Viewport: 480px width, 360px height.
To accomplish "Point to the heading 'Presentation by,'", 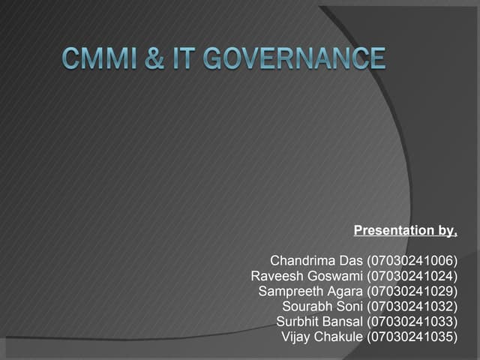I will click(x=405, y=230).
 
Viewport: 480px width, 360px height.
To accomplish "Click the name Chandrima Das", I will click(x=316, y=261).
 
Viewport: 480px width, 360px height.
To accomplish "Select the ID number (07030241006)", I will click(x=412, y=261).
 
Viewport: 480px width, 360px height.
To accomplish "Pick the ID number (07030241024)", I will click(x=412, y=276).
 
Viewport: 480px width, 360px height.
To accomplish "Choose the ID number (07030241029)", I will click(x=412, y=291).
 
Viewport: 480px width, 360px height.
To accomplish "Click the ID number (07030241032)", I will click(x=412, y=306).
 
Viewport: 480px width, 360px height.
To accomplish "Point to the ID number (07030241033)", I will click(x=412, y=322).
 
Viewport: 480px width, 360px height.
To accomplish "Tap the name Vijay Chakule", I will click(x=322, y=337).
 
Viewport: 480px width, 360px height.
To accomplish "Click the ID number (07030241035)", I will click(x=412, y=337).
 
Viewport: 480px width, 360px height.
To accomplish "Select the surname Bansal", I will click(x=342, y=322).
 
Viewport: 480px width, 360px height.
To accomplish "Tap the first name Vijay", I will click(x=295, y=337).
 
